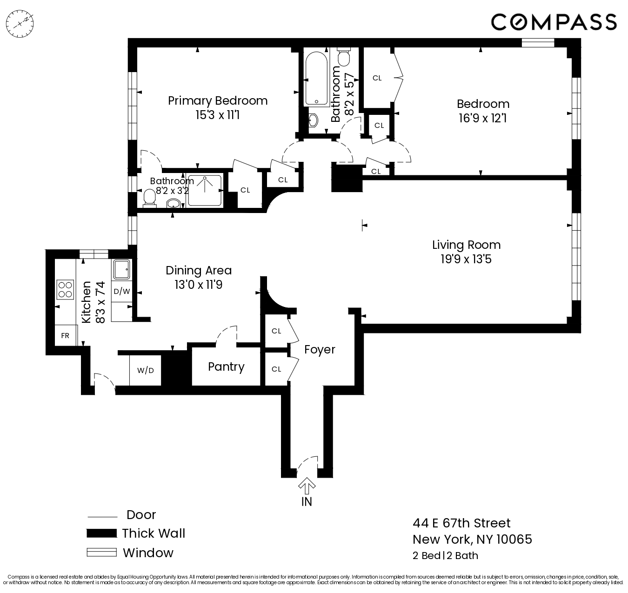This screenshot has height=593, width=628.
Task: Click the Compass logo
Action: [x=554, y=22]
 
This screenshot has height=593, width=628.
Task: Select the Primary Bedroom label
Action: [x=217, y=100]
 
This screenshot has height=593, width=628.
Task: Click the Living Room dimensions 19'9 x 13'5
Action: [x=466, y=259]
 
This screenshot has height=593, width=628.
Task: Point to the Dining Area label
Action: [x=199, y=270]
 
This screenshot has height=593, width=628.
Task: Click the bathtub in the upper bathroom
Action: [x=316, y=78]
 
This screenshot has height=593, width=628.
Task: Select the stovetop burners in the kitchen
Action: [x=65, y=289]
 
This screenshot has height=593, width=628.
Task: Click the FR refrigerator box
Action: [x=65, y=335]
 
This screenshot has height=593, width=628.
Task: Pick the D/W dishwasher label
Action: [x=122, y=292]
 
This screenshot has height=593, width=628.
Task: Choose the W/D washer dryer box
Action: [x=145, y=370]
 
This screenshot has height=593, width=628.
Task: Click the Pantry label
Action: [x=226, y=367]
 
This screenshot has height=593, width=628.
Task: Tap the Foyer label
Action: [x=320, y=349]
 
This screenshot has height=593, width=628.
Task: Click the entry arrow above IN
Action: [x=307, y=486]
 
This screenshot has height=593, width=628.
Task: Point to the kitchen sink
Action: [x=122, y=269]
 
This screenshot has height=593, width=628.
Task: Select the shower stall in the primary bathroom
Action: [x=205, y=190]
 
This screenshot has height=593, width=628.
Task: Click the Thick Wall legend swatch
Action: [x=101, y=533]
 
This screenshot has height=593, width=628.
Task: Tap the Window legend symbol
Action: [x=101, y=553]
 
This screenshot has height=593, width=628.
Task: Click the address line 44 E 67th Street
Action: [x=461, y=523]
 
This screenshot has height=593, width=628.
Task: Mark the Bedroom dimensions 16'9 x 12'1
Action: [x=482, y=118]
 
